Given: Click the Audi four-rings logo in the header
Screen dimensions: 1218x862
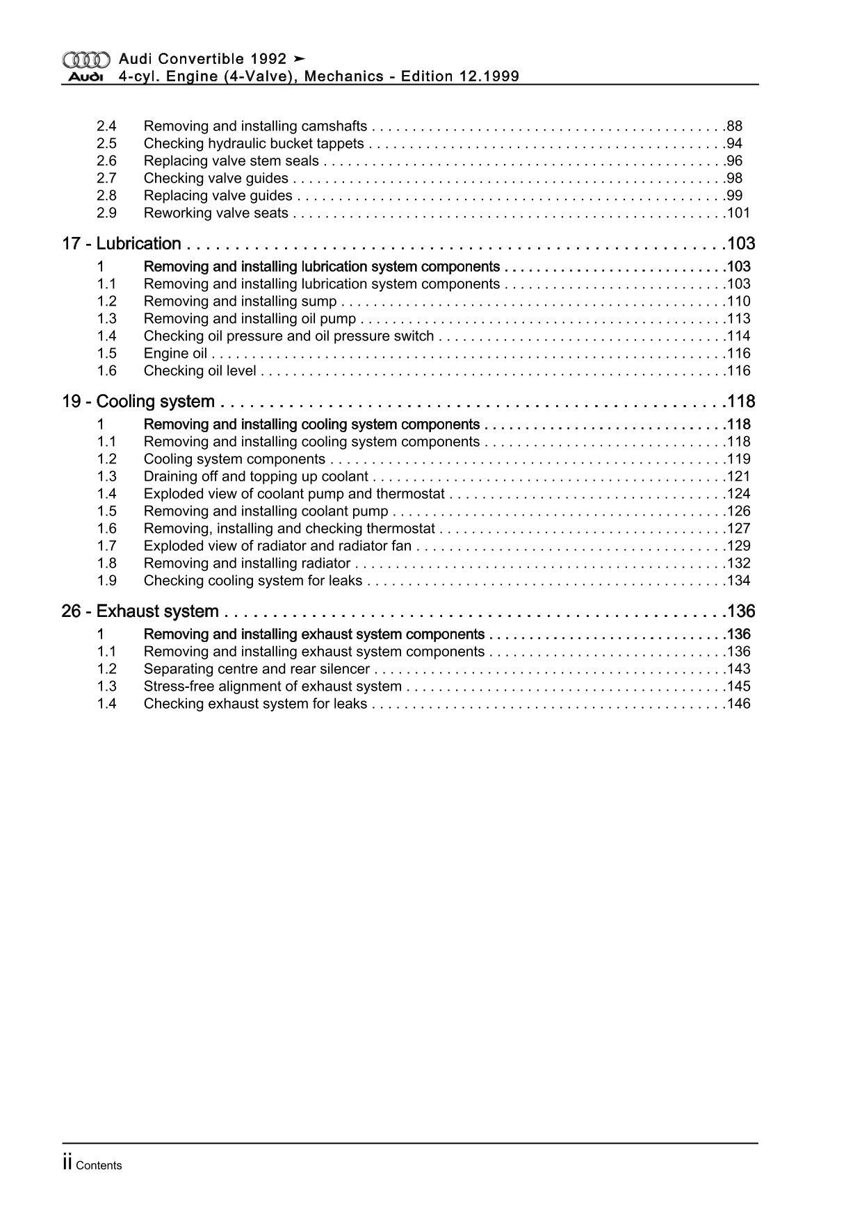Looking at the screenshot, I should (86, 60).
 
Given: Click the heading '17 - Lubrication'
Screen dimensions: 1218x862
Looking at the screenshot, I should (122, 244).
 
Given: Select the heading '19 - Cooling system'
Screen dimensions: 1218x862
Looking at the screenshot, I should (138, 402).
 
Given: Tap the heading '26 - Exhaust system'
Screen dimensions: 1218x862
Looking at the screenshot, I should (140, 611).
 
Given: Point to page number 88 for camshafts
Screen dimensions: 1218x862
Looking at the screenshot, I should (734, 126).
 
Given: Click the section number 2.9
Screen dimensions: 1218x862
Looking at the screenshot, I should (106, 213).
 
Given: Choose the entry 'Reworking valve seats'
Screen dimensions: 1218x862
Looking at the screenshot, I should (215, 213).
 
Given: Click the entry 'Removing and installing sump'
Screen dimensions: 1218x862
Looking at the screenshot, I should (240, 302).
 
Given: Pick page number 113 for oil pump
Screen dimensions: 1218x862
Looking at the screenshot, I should (738, 319).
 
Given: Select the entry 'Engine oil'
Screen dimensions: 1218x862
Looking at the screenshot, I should (175, 354).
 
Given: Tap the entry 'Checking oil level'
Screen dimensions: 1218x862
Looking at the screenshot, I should (200, 371).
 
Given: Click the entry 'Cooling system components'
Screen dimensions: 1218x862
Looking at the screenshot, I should (234, 459).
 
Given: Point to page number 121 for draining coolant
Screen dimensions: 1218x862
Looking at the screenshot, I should (738, 477).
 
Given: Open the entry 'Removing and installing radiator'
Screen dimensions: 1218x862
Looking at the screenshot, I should (247, 563).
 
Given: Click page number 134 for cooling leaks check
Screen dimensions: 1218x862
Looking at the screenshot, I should (738, 581).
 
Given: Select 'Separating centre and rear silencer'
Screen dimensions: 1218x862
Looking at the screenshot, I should (257, 669).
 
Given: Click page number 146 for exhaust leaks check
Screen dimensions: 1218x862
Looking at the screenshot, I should (738, 704).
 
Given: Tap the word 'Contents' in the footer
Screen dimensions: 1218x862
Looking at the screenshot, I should (99, 1166).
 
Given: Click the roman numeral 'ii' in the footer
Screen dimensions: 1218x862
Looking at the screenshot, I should (67, 1164).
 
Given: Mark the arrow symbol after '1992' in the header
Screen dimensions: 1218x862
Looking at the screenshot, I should (300, 59).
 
